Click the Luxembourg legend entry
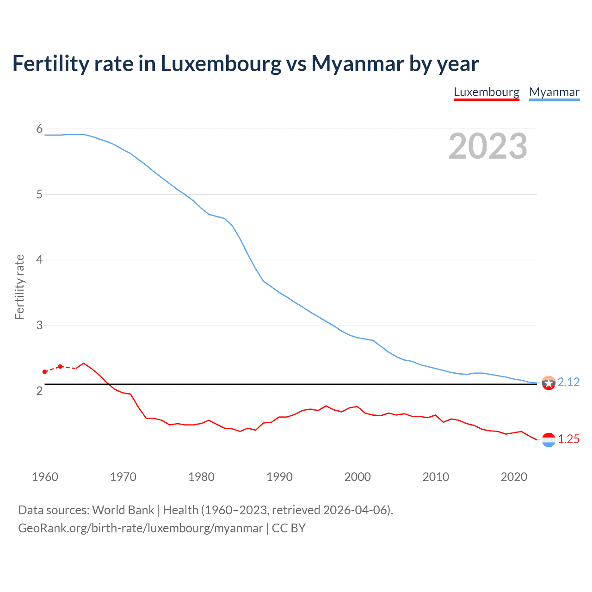tap(487, 92)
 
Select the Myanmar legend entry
tap(554, 92)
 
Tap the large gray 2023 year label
tap(487, 146)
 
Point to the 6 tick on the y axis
tap(39, 129)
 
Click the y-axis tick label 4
tap(39, 259)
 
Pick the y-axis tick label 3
tap(39, 325)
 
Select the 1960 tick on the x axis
tap(45, 477)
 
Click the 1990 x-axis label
tap(279, 477)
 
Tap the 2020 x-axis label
tap(514, 477)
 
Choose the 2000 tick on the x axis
tap(358, 477)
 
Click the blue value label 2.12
tap(568, 382)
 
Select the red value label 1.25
tap(568, 439)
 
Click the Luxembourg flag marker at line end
tap(549, 440)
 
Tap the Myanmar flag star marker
tap(549, 383)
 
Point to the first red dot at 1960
tap(45, 372)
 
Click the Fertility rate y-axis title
tap(19, 287)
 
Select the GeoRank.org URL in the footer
tap(140, 528)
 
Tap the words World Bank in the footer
tap(123, 510)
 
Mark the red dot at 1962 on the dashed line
tap(60, 366)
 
